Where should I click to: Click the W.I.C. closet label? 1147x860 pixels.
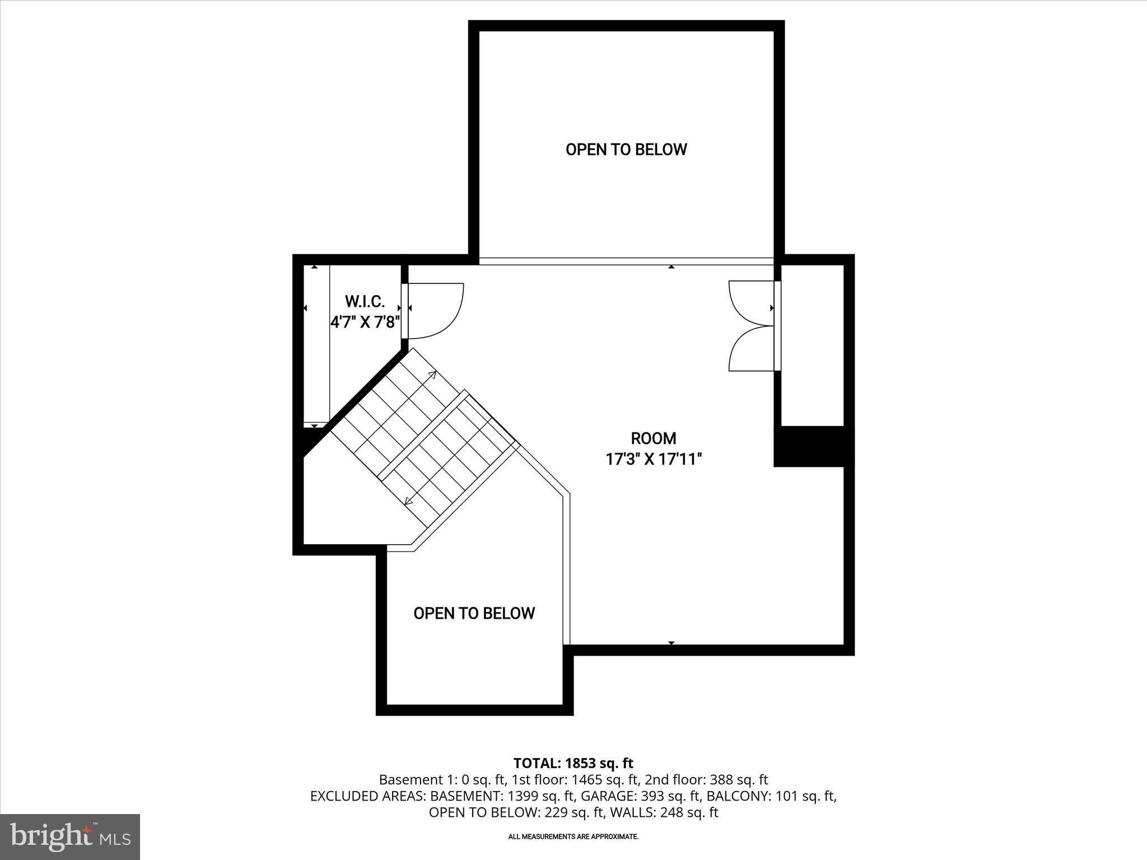click(x=365, y=302)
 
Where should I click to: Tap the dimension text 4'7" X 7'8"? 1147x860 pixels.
click(x=365, y=322)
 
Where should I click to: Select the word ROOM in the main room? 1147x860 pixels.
click(x=653, y=438)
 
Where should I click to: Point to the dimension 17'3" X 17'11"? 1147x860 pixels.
click(x=653, y=460)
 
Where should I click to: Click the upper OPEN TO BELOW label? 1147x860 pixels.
click(x=626, y=149)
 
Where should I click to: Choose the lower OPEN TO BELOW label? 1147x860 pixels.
click(x=474, y=613)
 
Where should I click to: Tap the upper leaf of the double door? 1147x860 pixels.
click(x=750, y=302)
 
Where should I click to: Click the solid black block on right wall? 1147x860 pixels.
click(x=813, y=446)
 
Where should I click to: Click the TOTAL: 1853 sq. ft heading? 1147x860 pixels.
click(x=573, y=763)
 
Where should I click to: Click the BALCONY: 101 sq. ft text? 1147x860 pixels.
click(x=771, y=796)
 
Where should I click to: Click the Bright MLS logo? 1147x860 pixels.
click(x=70, y=836)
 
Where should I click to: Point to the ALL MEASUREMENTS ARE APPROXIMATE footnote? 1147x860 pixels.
click(x=573, y=836)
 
